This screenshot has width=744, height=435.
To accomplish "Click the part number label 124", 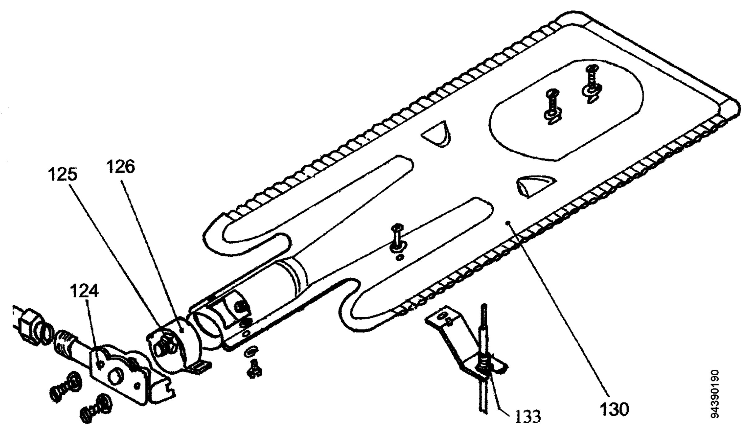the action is click(84, 292).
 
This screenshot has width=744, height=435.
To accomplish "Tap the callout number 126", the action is click(121, 167).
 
